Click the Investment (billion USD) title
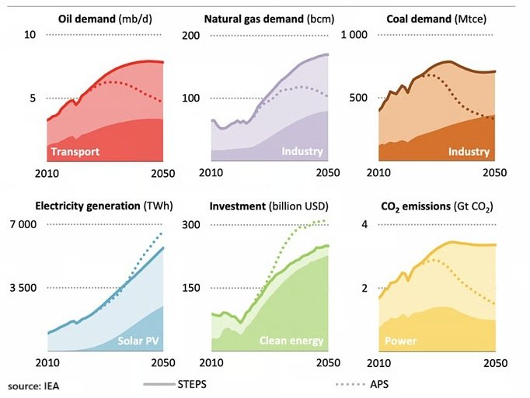pyautogui.click(x=269, y=206)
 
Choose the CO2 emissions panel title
pyautogui.click(x=437, y=206)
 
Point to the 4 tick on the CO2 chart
pyautogui.click(x=365, y=225)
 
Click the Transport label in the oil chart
pyautogui.click(x=75, y=152)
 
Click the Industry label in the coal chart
pyautogui.click(x=469, y=152)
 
